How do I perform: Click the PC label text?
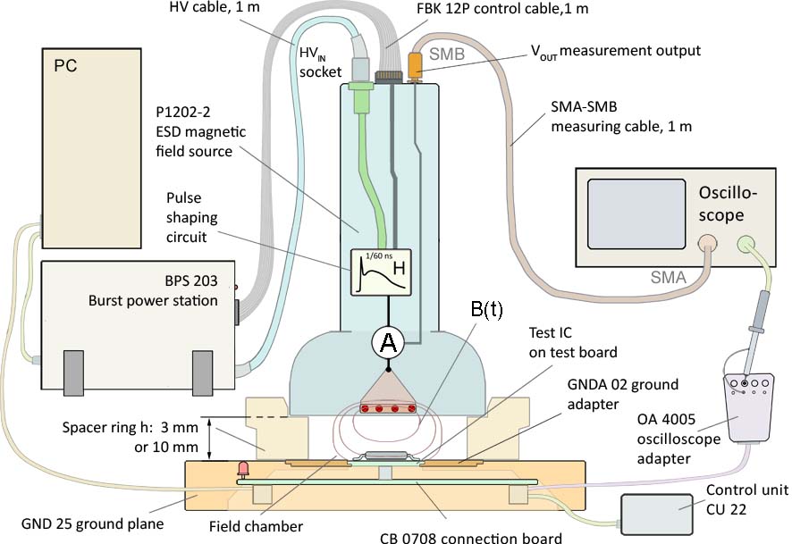tap(65, 66)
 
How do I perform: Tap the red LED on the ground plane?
tap(240, 468)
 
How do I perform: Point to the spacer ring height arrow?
tap(210, 438)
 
